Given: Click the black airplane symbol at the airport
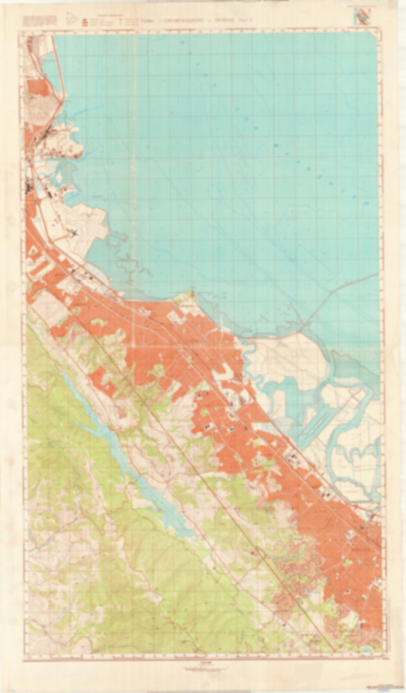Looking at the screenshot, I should pyautogui.click(x=75, y=232).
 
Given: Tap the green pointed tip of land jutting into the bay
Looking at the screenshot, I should pyautogui.click(x=192, y=294).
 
